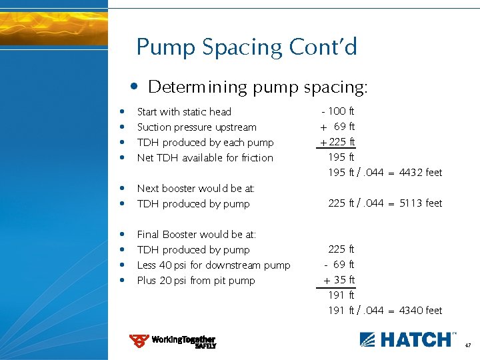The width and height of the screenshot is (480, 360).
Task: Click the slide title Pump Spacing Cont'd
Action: click(x=247, y=47)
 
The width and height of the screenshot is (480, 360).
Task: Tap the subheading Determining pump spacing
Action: click(x=257, y=87)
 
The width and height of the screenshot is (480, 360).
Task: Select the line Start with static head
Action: click(x=183, y=112)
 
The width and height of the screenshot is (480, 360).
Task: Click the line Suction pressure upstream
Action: click(x=196, y=127)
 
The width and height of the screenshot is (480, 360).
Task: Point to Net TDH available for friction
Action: click(x=205, y=158)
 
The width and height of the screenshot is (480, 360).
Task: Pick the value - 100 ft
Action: click(x=338, y=111)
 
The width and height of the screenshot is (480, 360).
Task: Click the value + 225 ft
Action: click(x=337, y=142)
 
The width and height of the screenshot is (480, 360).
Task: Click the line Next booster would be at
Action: click(x=195, y=189)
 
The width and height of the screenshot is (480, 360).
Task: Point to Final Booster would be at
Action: click(x=196, y=235)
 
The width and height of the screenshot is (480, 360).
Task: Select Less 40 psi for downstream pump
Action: click(x=213, y=265)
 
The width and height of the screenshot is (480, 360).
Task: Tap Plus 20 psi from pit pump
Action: click(x=195, y=281)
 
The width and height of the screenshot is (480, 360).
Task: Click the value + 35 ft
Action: click(x=339, y=280)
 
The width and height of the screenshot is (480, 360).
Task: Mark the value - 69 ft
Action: click(x=339, y=265)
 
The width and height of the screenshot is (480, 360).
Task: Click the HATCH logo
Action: click(x=408, y=339)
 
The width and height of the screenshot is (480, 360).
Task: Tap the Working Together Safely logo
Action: click(x=173, y=341)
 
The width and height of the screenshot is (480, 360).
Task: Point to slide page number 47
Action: click(x=468, y=346)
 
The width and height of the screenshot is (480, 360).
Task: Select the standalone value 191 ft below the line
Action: click(x=341, y=295)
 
